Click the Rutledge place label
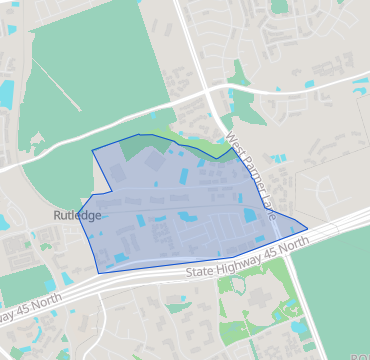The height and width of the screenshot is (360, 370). click(x=77, y=215)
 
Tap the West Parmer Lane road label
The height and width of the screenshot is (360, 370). click(x=249, y=174)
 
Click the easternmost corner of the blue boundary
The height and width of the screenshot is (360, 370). click(x=307, y=229)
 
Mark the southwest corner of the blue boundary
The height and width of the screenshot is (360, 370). click(x=99, y=272)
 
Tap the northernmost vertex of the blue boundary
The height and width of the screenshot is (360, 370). click(x=139, y=134)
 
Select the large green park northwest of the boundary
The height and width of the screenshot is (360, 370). click(x=60, y=90)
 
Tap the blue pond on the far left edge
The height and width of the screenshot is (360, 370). click(x=5, y=95)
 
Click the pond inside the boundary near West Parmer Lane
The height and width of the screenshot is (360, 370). click(x=249, y=214)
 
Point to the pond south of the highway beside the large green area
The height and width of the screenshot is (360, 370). click(x=296, y=326)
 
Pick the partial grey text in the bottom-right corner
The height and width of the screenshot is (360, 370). click(x=357, y=355)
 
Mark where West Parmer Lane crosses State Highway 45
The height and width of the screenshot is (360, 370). click(x=284, y=246)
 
